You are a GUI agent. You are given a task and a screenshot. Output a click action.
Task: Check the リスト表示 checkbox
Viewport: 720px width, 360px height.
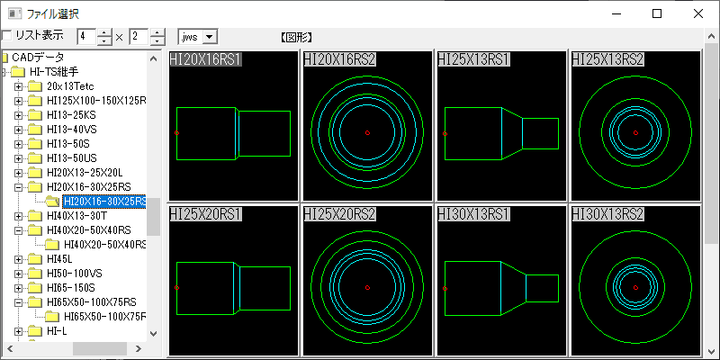click(6, 35)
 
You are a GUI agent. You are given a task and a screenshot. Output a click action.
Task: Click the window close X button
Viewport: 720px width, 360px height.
click(698, 13)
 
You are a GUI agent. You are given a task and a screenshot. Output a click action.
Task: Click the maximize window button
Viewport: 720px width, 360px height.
click(657, 13)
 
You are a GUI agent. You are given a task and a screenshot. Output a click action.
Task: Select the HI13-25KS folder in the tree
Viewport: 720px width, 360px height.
click(71, 115)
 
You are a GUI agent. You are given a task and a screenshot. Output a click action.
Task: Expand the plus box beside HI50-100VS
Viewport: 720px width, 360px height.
click(18, 274)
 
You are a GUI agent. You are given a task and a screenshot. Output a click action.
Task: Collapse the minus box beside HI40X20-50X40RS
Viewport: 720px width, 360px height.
click(18, 230)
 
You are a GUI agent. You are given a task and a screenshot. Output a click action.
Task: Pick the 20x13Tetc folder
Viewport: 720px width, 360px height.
click(70, 85)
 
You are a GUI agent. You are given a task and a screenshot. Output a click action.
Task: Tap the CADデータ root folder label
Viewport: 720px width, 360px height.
click(38, 58)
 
